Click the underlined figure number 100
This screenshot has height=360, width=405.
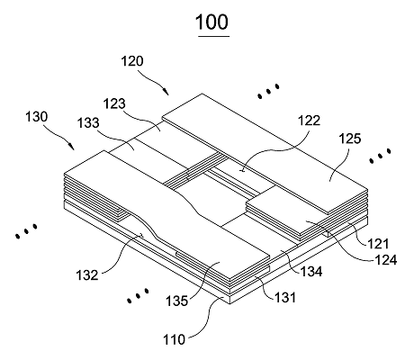coord(211,22)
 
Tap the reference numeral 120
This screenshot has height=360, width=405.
coord(132,61)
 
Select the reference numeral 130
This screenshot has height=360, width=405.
coord(36,116)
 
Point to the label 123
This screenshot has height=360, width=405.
coord(114,103)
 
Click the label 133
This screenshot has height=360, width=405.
coord(88,123)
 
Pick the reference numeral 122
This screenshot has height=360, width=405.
coord(309,121)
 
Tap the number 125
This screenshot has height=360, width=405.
coord(350,139)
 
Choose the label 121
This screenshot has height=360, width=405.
coord(378,244)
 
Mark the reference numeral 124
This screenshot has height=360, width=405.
coord(386,260)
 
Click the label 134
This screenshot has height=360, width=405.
coord(311,272)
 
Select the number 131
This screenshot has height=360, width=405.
coord(285,297)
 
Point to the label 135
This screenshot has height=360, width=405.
coord(177,301)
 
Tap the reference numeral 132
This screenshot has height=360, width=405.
coord(87,275)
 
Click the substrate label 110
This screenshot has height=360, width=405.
coord(174,340)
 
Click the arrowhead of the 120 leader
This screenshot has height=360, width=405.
coord(166,92)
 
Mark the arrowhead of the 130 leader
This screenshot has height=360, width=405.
coord(71,146)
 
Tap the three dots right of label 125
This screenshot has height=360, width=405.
coord(380,156)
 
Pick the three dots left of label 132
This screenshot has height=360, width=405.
coord(26,231)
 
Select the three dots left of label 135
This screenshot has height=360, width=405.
coord(138,295)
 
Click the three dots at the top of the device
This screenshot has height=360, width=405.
coord(269,91)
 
